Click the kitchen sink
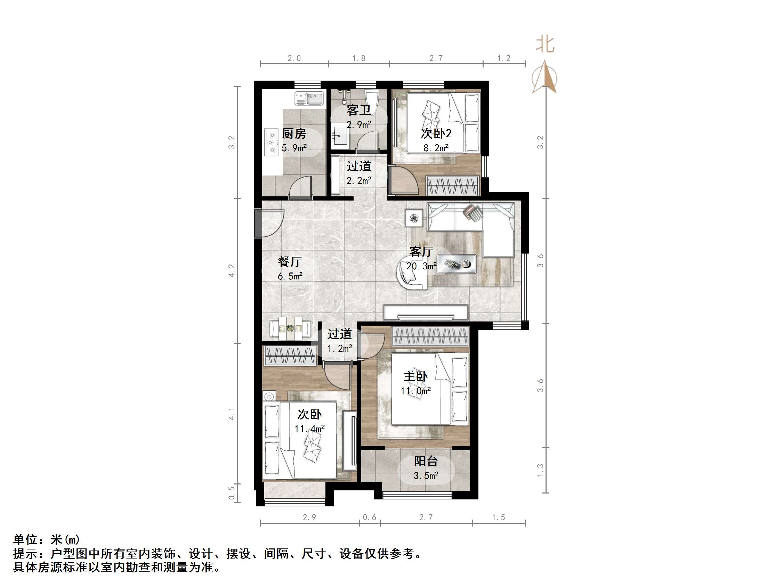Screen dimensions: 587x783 point(309,98)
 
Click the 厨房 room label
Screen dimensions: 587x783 point(294,134)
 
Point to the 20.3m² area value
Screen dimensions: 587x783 point(421,266)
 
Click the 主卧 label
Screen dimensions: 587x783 point(415,376)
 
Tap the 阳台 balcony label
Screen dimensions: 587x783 point(426,461)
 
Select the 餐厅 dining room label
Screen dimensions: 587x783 point(290,261)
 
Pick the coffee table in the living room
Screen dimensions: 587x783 point(456,264)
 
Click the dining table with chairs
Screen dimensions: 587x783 point(290,329)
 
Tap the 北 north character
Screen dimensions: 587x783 point(545,45)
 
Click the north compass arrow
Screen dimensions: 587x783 point(545,78)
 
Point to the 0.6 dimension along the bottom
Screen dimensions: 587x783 point(370,517)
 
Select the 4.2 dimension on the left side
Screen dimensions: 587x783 point(232,271)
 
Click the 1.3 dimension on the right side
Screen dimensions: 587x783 point(540,470)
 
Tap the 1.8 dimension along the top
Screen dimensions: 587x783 point(359,58)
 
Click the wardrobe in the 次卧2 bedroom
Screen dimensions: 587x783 point(452,185)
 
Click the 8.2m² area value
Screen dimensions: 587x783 point(436,148)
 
